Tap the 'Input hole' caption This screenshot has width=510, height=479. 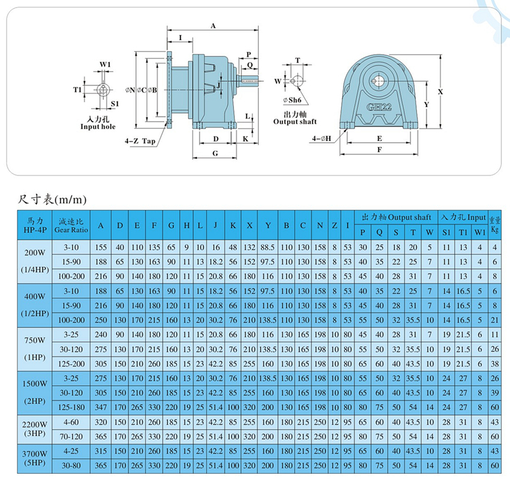(98, 127)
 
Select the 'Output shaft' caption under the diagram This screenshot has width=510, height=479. (295, 121)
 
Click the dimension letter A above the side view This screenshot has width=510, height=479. (213, 26)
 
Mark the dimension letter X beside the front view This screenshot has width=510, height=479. (440, 91)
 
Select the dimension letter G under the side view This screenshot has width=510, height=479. (215, 153)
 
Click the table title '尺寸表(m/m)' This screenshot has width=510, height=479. (52, 200)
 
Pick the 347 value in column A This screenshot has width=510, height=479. (100, 406)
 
